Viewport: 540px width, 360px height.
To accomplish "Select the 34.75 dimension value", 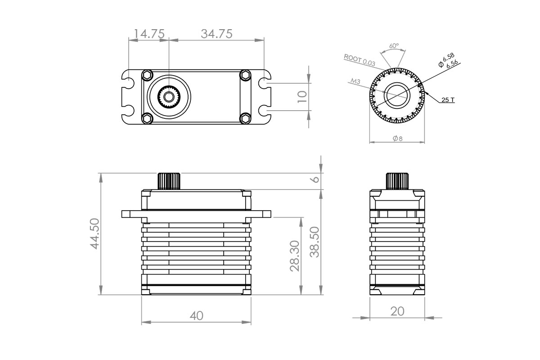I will (x=216, y=34).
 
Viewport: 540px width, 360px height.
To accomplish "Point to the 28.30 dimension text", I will (x=295, y=255).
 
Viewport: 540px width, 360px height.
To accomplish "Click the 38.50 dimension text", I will (x=315, y=242).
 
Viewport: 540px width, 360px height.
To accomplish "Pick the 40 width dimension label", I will (x=196, y=316).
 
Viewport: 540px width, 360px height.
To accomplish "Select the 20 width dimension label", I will (x=397, y=311).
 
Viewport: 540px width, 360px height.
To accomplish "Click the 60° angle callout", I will (x=394, y=46).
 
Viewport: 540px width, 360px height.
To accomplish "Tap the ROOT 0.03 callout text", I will (x=359, y=60).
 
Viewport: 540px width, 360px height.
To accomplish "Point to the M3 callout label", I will (x=355, y=81).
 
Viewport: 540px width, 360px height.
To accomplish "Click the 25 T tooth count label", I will (x=447, y=100).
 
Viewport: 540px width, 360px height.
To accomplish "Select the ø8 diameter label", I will (x=397, y=139).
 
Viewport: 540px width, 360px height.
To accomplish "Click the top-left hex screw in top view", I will (x=147, y=75).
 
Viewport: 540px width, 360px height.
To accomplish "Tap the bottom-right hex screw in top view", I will (x=245, y=118).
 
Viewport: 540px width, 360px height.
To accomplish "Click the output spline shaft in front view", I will (x=169, y=181).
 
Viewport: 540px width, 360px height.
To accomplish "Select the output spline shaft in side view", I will (x=397, y=181).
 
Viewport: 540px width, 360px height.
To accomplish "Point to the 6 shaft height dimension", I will (x=315, y=179).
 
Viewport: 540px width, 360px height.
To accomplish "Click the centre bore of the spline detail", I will (x=396, y=95).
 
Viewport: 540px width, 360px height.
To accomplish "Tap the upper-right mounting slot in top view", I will (x=265, y=84).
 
